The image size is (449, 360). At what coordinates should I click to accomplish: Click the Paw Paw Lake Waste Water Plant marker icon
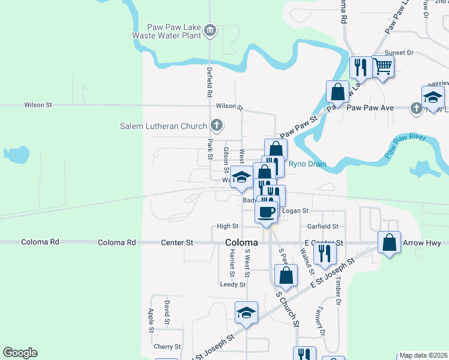pyautogui.click(x=209, y=30)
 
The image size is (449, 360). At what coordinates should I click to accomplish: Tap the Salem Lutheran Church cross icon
pyautogui.click(x=217, y=126)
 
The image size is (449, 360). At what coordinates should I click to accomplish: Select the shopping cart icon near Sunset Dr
pyautogui.click(x=383, y=66)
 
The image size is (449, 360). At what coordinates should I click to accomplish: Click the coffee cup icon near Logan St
pyautogui.click(x=267, y=211)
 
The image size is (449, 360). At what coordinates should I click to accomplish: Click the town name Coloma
pyautogui.click(x=241, y=242)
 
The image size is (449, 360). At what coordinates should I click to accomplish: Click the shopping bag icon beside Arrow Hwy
pyautogui.click(x=390, y=243)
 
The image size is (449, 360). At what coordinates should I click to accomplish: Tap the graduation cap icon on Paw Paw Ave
pyautogui.click(x=433, y=97)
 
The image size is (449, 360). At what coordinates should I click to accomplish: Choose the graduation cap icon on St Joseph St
pyautogui.click(x=246, y=313)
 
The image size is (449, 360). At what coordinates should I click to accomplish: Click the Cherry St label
pyautogui.click(x=167, y=347)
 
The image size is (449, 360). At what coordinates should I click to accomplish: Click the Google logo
pyautogui.click(x=20, y=353)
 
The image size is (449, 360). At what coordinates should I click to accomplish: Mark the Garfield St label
pyautogui.click(x=323, y=227)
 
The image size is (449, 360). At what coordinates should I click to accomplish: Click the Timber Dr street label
pyautogui.click(x=338, y=293)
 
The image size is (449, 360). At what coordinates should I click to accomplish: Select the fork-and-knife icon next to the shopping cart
pyautogui.click(x=360, y=67)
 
